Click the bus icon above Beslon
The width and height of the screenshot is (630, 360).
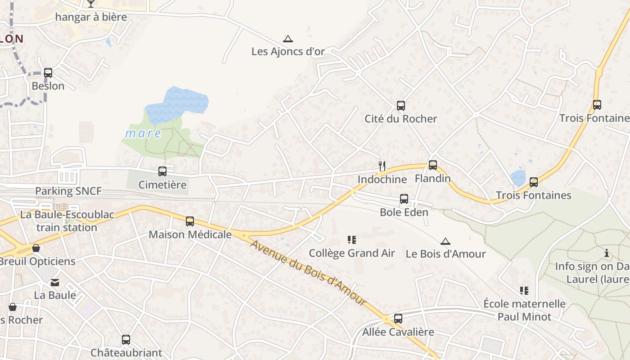pos(48,72)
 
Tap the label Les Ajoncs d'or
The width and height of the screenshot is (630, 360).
pos(288,51)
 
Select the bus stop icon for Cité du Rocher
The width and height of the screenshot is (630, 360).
pos(400,106)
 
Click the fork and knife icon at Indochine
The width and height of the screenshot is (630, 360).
pos(382,166)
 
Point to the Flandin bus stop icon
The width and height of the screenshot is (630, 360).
pos(432,165)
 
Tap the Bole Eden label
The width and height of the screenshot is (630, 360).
pos(404,212)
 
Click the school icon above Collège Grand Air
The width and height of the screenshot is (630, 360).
pos(352,240)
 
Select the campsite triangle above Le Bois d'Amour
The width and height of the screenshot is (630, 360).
pos(445,241)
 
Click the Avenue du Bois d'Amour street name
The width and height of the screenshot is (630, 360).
pos(308,273)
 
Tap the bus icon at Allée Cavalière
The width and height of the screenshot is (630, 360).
pos(398,319)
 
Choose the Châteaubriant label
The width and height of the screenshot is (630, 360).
pos(126,352)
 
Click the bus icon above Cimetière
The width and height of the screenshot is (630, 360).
pos(162,171)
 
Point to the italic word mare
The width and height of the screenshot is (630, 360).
pos(143,134)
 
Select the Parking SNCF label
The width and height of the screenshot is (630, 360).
pos(68,191)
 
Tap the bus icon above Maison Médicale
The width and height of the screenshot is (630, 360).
pos(190,221)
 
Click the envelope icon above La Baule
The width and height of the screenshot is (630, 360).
pos(55,283)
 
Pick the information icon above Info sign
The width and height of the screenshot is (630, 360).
pos(607,253)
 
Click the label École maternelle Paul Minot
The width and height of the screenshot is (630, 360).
pos(524,310)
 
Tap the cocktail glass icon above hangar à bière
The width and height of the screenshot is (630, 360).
pos(91,4)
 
